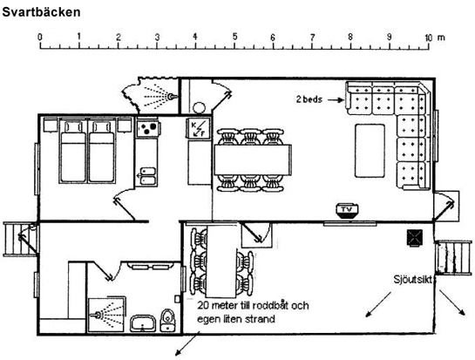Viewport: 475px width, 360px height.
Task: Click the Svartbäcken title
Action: [x=41, y=12]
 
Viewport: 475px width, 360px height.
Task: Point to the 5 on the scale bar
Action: [x=234, y=37]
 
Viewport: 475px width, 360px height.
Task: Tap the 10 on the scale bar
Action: [x=428, y=37]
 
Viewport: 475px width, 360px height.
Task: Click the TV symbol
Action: [x=347, y=210]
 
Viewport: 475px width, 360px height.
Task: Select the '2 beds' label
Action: [x=309, y=99]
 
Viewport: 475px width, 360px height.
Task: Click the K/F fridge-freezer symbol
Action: [x=198, y=128]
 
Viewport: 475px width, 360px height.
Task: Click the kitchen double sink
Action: [x=148, y=176]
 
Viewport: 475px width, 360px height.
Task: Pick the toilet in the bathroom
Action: [x=167, y=320]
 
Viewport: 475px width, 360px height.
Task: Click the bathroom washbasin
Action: [x=143, y=323]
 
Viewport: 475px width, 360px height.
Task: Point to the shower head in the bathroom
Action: [x=97, y=315]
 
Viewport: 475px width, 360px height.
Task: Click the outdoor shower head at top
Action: [x=172, y=97]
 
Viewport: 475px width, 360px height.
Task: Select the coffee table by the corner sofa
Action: [x=370, y=151]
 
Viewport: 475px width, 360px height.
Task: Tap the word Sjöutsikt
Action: [x=413, y=280]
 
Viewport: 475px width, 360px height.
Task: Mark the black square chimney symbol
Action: [x=414, y=237]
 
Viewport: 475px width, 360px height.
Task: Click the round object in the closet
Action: [x=199, y=108]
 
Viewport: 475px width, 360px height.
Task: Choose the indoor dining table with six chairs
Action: [x=253, y=160]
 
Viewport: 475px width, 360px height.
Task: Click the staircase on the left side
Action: [x=20, y=240]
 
